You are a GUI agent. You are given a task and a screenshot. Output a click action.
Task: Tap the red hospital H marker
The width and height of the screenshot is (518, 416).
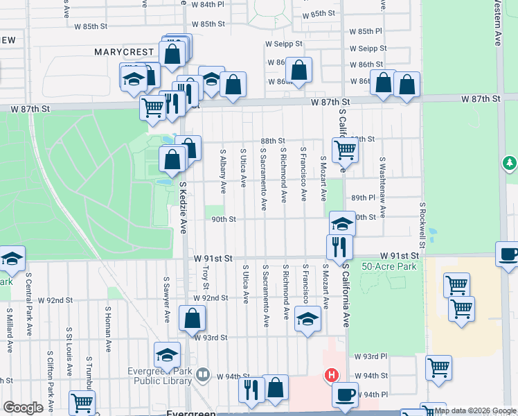[x=332, y=376]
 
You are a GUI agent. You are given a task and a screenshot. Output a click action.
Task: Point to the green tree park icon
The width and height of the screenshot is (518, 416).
[x=510, y=162]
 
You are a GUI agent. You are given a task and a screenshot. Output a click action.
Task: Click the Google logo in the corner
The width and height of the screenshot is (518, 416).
[x=23, y=408]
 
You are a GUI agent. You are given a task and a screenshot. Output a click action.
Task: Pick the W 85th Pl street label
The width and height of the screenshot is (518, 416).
[x=366, y=32]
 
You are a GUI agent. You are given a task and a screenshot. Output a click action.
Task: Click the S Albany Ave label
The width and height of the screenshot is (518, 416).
[x=222, y=171]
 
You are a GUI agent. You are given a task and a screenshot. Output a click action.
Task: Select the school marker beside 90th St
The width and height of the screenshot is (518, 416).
[x=341, y=223]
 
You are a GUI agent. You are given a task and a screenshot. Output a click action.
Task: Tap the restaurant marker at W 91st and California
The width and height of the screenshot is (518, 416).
[x=339, y=246]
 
